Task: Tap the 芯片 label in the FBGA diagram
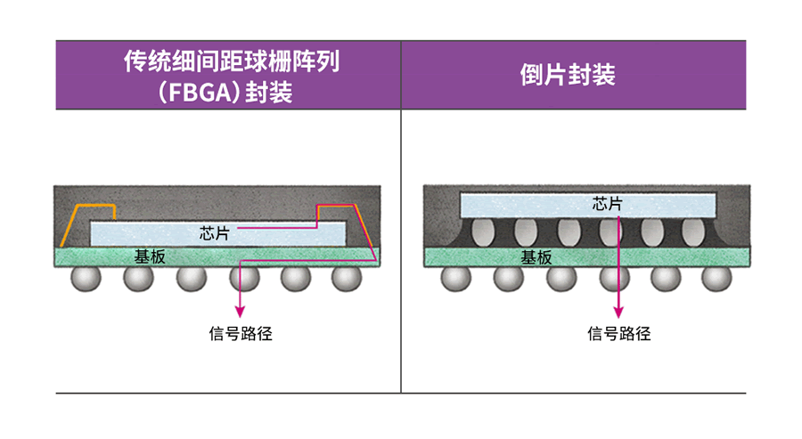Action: pos(215,233)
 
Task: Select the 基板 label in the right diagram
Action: pos(536,257)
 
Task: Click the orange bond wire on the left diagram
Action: pos(89,209)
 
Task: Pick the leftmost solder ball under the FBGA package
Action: pos(87,279)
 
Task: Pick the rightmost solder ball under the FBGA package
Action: pos(346,279)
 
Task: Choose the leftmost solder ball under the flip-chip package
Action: pos(457,279)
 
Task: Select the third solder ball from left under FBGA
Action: pos(191,279)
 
